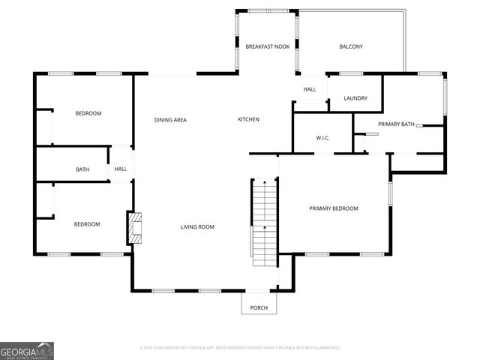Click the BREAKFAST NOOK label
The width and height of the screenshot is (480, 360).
coord(268,46)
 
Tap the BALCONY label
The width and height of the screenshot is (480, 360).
coord(351,46)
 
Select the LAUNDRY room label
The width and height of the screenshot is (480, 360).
coord(355,99)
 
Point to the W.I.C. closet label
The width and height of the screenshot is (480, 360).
coord(323,138)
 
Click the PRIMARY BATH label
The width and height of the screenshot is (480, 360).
coord(396,124)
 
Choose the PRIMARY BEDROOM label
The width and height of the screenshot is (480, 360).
coord(334,208)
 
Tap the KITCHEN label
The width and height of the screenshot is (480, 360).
coord(248,120)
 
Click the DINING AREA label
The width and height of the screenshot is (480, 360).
coord(170,120)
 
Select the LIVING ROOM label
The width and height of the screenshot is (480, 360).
coord(197,227)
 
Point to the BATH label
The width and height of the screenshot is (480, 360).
coord(82,169)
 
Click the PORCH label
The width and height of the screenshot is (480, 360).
coord(259,308)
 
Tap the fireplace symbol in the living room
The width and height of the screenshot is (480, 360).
coord(134,228)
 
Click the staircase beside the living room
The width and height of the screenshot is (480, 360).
coord(263,224)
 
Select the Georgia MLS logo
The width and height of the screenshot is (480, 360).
coord(27,351)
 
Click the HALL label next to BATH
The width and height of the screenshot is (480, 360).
coord(121,169)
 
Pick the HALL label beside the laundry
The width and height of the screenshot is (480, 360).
coord(310,89)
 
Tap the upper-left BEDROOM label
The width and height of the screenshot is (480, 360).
coord(88,113)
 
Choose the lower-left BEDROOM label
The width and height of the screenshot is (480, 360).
coord(86,224)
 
